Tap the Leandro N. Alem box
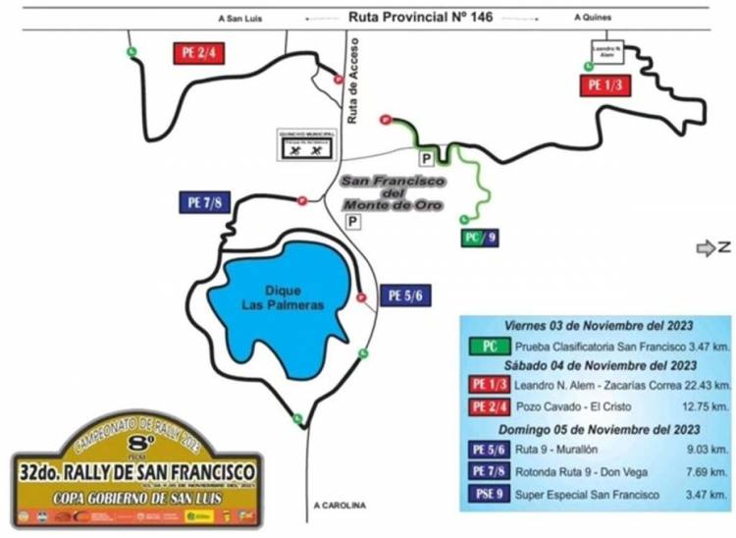pyautogui.click(x=605, y=50)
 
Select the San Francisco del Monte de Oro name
pyautogui.click(x=393, y=193)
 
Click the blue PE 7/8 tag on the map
pyautogui.click(x=203, y=203)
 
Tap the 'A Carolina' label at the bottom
pyautogui.click(x=340, y=506)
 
